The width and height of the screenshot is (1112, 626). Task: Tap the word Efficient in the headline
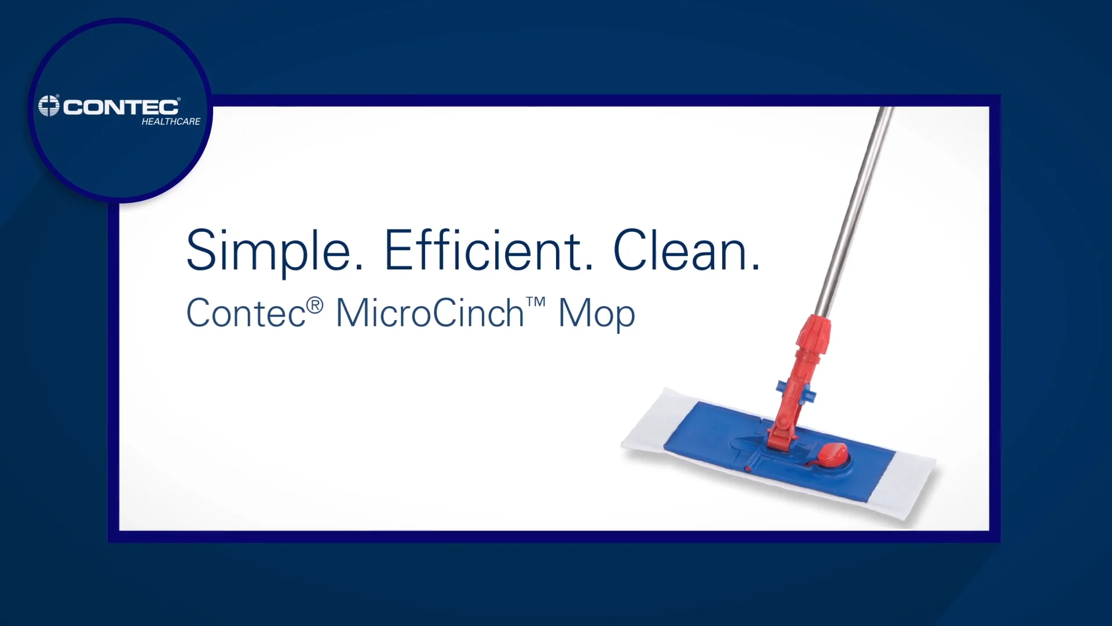coord(484,250)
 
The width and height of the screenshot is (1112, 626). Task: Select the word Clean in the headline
coord(680,250)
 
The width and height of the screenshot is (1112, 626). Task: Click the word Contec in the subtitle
coord(246,314)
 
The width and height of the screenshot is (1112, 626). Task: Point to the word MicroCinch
coord(430,314)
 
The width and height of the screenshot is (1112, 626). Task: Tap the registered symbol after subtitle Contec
coord(314,305)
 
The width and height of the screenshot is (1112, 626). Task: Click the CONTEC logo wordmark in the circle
coord(121,107)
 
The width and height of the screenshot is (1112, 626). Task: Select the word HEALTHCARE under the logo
coord(171,122)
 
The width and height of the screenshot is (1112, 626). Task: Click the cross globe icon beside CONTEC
coord(49,106)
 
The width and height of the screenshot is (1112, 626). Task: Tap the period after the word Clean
coord(755,268)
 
